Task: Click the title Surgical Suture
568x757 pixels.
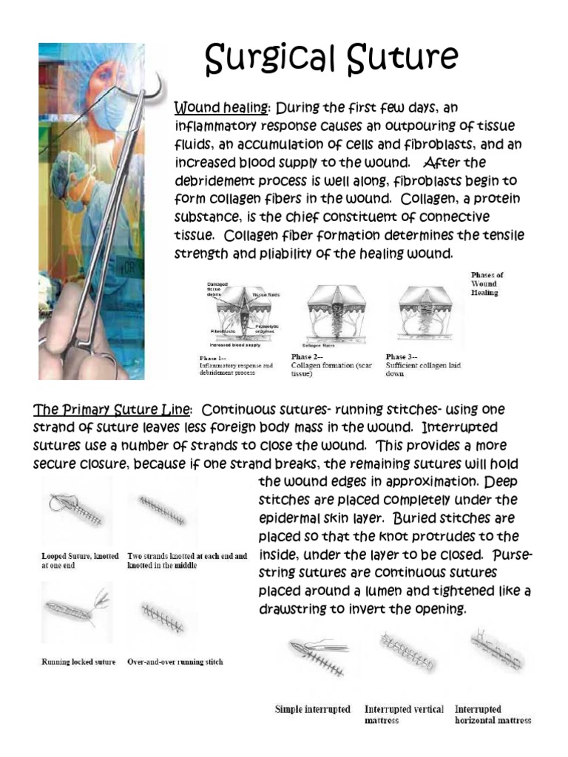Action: pyautogui.click(x=331, y=58)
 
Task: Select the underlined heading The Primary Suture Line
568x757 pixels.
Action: pyautogui.click(x=114, y=410)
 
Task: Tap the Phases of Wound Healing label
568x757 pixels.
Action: pyautogui.click(x=487, y=284)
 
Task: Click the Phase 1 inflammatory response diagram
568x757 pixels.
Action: pyautogui.click(x=236, y=310)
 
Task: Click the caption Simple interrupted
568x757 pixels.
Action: pyautogui.click(x=313, y=709)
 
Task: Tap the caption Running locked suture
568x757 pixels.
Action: pyautogui.click(x=79, y=662)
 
